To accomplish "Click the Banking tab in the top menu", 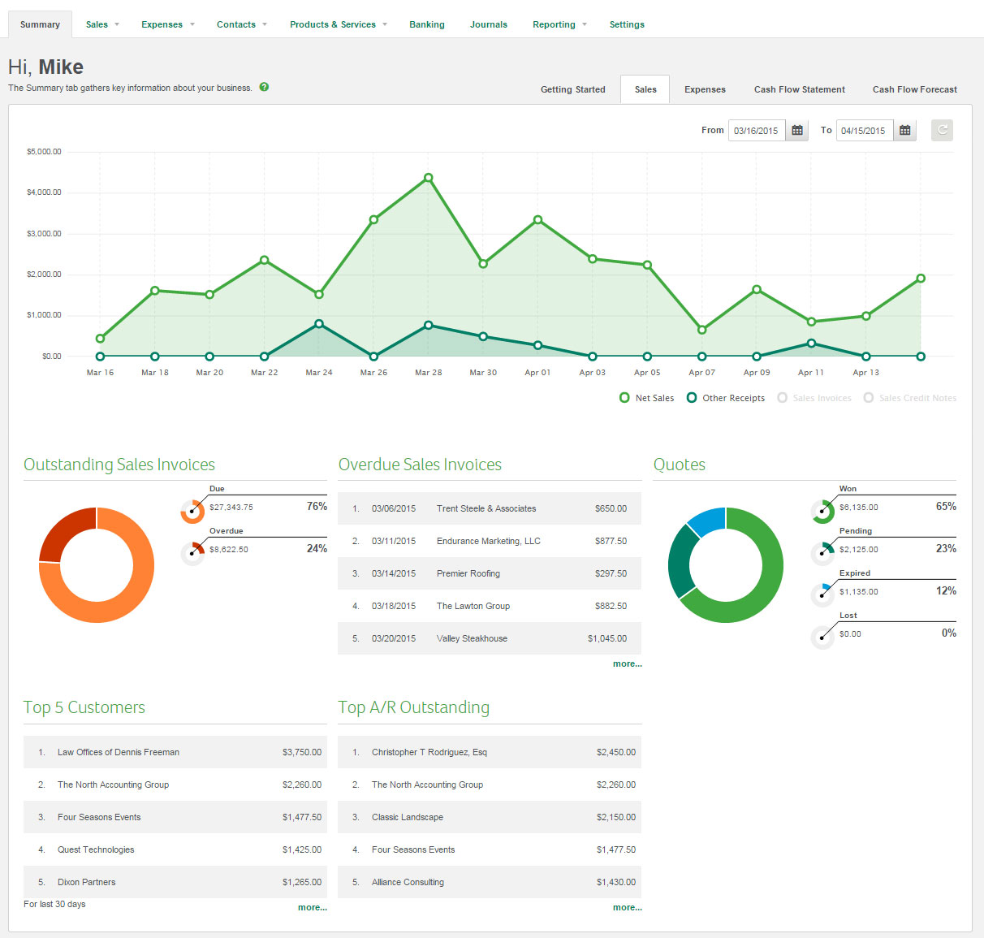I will click(426, 24).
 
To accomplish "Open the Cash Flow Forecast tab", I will click(914, 89).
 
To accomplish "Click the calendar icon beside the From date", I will click(797, 130).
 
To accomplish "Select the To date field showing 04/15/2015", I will click(864, 131).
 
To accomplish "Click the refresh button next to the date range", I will click(942, 130).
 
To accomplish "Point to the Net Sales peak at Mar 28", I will click(429, 178).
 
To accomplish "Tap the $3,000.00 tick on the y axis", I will click(44, 234).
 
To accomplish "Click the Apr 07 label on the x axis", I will click(701, 373).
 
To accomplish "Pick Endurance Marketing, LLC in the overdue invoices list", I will click(488, 541).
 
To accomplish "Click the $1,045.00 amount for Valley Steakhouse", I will click(607, 638).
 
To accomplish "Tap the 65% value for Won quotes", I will click(946, 506).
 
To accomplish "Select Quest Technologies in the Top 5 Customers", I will click(96, 849).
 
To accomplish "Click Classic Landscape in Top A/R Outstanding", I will click(408, 817).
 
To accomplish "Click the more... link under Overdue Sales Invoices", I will click(627, 664).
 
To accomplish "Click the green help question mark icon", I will click(264, 87).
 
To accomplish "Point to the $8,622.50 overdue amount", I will click(229, 550).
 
